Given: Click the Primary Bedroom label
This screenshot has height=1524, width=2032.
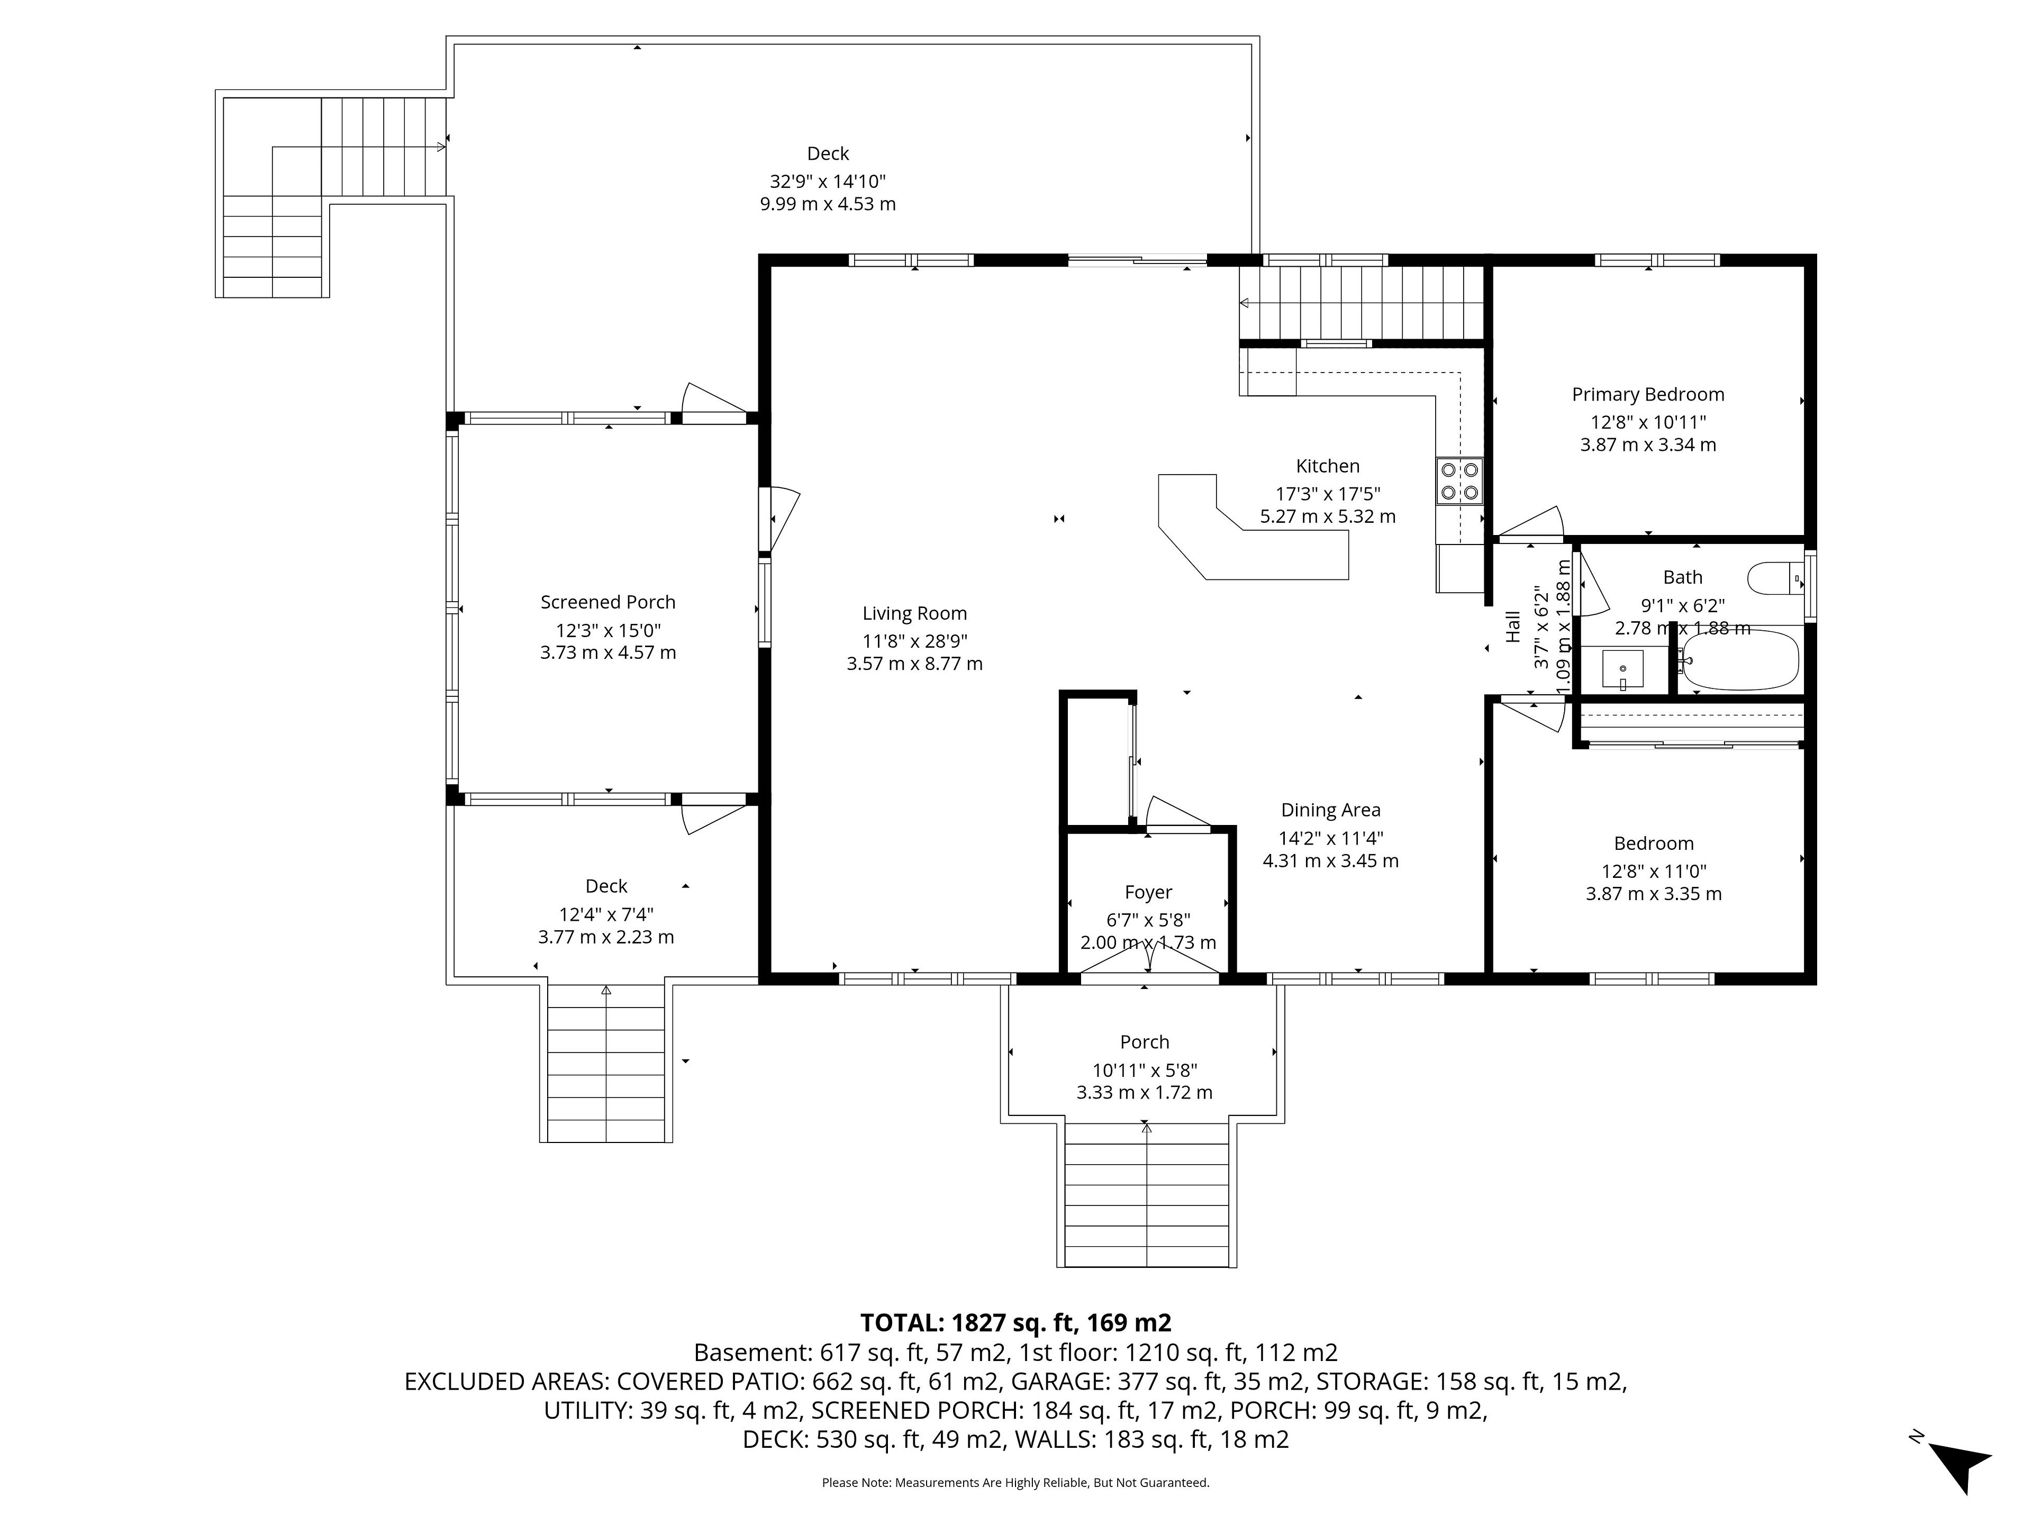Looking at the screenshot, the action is click(1648, 395).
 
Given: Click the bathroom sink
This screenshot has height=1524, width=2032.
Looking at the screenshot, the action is click(1623, 669).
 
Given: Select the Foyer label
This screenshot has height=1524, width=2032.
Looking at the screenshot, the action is click(1148, 892).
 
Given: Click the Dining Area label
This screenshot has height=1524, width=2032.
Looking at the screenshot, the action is click(1330, 810).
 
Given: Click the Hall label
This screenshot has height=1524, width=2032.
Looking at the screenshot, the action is click(1513, 628).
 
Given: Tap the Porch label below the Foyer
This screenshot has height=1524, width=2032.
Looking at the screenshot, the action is click(1145, 1042).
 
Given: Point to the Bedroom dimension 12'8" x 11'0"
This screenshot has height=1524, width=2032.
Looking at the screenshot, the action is click(1654, 871).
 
